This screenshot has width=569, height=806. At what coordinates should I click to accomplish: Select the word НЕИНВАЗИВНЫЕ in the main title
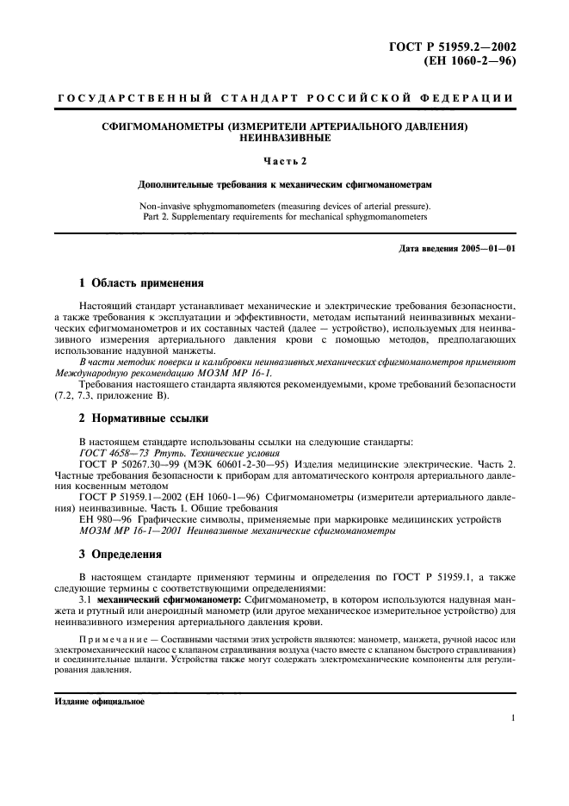pos(283,137)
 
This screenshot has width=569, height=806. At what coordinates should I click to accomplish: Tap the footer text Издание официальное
pos(95,701)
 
